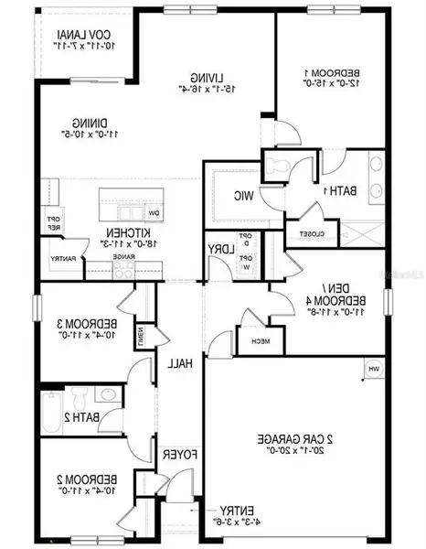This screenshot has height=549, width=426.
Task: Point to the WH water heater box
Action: point(373,369)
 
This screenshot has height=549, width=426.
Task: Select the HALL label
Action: point(177,363)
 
